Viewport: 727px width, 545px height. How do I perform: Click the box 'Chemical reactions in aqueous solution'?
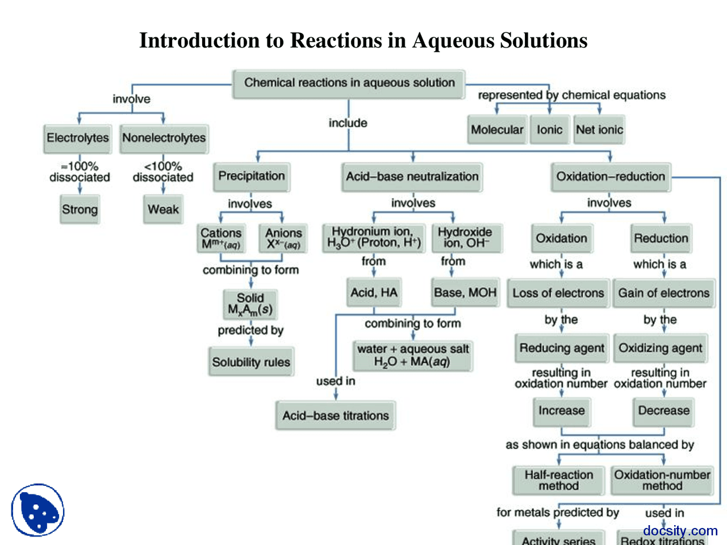pyautogui.click(x=349, y=83)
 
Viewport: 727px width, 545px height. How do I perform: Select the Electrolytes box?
pyautogui.click(x=77, y=138)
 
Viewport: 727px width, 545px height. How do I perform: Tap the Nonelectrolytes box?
pyautogui.click(x=164, y=138)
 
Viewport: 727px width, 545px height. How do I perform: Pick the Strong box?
pyautogui.click(x=80, y=209)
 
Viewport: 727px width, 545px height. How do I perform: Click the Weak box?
pyautogui.click(x=163, y=209)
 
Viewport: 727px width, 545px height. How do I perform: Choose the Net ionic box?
pyautogui.click(x=599, y=130)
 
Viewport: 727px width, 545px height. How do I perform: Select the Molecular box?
pyautogui.click(x=497, y=130)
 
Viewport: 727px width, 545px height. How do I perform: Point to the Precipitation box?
pyautogui.click(x=252, y=176)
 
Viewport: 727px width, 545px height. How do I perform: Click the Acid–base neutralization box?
pyautogui.click(x=412, y=177)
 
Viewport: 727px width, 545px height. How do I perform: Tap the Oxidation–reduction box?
pyautogui.click(x=611, y=177)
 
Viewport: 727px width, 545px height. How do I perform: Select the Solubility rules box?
pyautogui.click(x=251, y=362)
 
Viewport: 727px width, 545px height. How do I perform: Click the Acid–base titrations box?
pyautogui.click(x=336, y=416)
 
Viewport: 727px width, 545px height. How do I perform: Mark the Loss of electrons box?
pyautogui.click(x=558, y=293)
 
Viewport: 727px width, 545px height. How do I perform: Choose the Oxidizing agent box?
pyautogui.click(x=661, y=348)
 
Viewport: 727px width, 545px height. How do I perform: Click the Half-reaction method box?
pyautogui.click(x=558, y=480)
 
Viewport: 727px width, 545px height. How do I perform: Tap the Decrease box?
pyautogui.click(x=663, y=410)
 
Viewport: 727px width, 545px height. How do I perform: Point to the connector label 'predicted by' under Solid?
pyautogui.click(x=250, y=330)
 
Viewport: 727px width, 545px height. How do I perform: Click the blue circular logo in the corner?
pyautogui.click(x=38, y=510)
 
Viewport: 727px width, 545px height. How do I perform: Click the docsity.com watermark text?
pyautogui.click(x=680, y=531)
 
